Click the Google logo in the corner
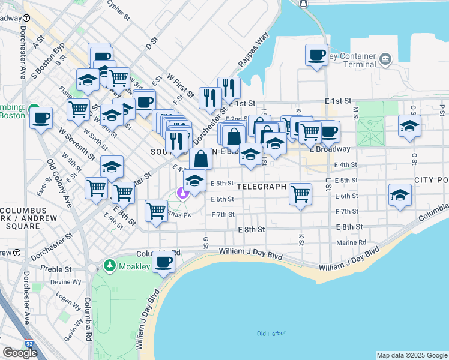click(x=20, y=353)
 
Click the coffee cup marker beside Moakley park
click(x=164, y=262)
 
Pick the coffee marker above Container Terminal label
click(x=316, y=55)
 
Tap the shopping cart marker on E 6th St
click(x=300, y=194)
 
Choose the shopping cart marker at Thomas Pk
click(x=157, y=211)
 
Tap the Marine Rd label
click(x=351, y=242)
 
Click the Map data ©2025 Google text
click(x=412, y=355)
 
